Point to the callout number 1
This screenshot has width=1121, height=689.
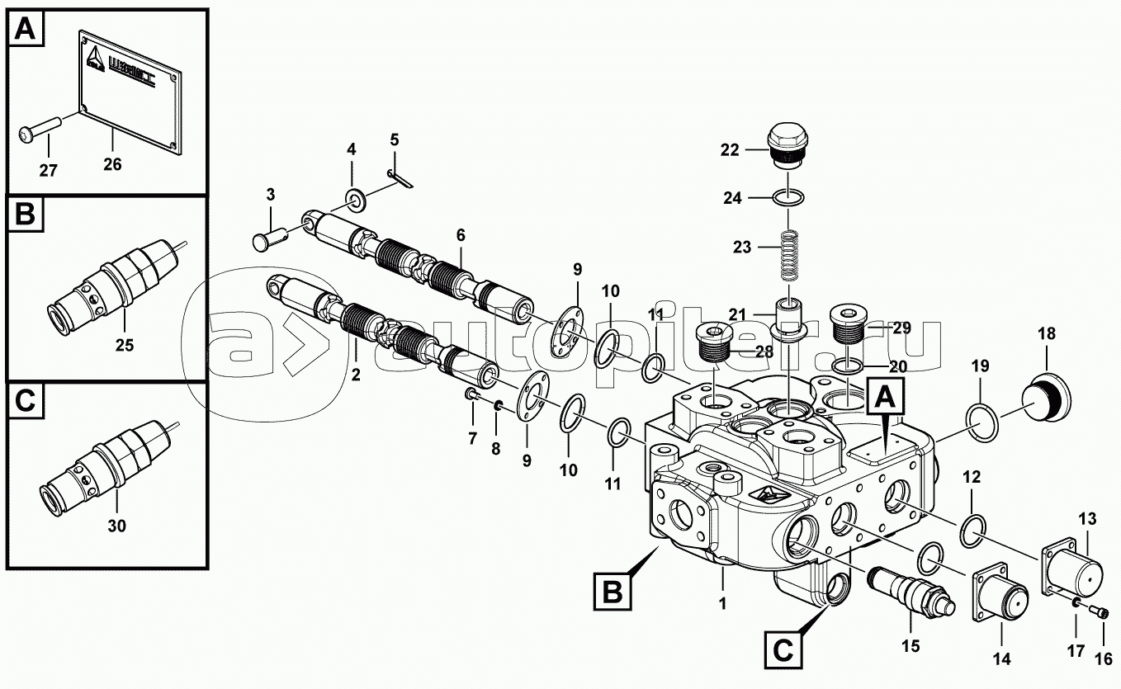pos(721,603)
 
